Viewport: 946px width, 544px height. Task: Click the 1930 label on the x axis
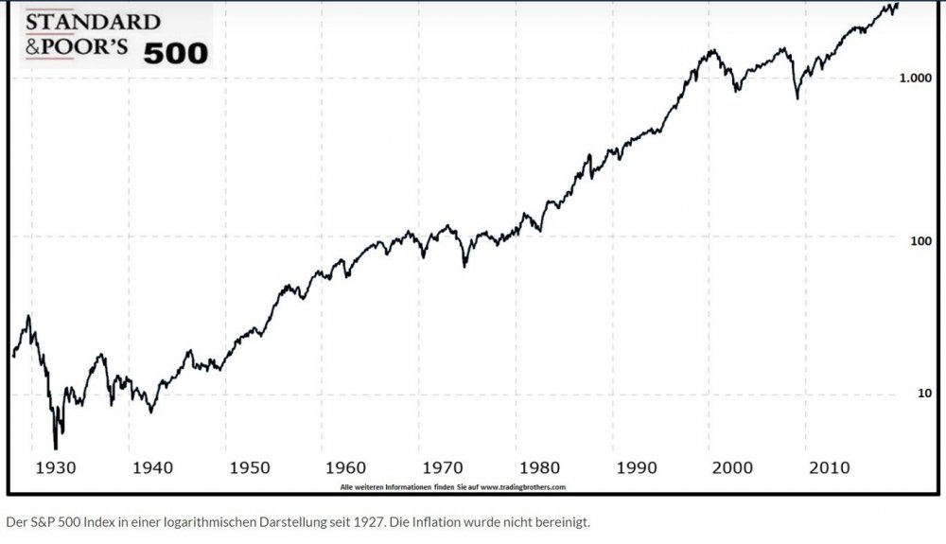tap(56, 468)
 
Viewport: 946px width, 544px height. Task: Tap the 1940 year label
tap(152, 468)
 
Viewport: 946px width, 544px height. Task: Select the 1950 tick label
tap(250, 468)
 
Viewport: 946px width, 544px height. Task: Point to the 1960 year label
tap(345, 468)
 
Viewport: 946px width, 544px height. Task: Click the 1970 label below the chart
tap(443, 468)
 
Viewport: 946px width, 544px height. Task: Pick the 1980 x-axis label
tap(539, 468)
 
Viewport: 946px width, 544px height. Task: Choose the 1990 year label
tap(637, 468)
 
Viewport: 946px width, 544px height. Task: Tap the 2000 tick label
tap(732, 468)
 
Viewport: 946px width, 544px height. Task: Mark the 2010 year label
tap(830, 468)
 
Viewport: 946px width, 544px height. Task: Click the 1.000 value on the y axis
tap(915, 78)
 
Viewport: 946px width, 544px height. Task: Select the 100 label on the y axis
tap(920, 241)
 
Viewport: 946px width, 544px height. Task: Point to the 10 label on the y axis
tap(924, 394)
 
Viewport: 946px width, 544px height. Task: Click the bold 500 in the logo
tap(176, 54)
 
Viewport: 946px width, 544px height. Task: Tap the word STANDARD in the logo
tap(93, 22)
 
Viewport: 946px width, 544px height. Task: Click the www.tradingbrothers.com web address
tap(523, 487)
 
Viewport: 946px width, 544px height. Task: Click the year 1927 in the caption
tap(371, 522)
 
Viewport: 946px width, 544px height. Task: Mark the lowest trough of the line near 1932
tap(56, 448)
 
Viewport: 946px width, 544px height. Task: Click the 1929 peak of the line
tap(27, 316)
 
